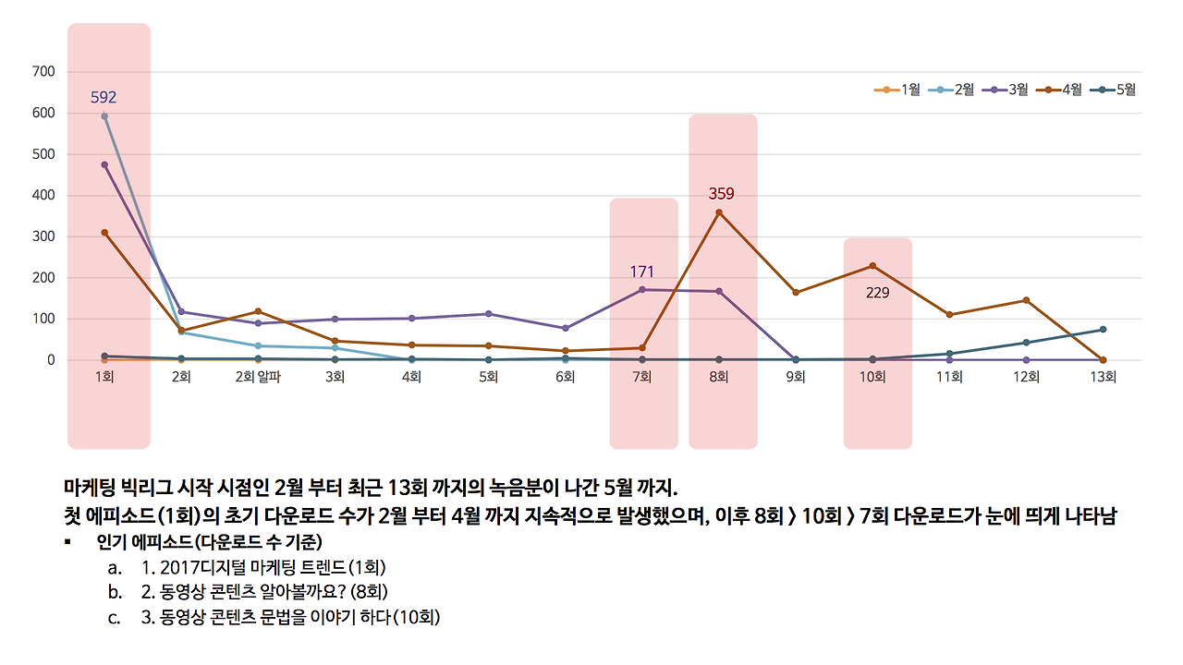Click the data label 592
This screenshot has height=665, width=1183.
pyautogui.click(x=104, y=97)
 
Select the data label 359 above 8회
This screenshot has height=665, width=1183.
pyautogui.click(x=721, y=194)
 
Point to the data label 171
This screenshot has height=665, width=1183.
pyautogui.click(x=642, y=272)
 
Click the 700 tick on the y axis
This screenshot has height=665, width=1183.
pyautogui.click(x=43, y=71)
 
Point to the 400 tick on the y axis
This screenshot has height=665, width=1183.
pyautogui.click(x=43, y=195)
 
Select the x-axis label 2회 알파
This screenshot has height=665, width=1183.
pyautogui.click(x=258, y=378)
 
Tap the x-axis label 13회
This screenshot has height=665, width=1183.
pyautogui.click(x=1103, y=378)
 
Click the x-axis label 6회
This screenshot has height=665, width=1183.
pyautogui.click(x=566, y=378)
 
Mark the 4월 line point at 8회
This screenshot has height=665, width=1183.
pyautogui.click(x=719, y=212)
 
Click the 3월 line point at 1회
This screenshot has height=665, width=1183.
pyautogui.click(x=104, y=164)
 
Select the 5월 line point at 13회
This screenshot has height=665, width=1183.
pyautogui.click(x=1103, y=330)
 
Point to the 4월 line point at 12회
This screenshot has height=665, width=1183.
pyautogui.click(x=1026, y=300)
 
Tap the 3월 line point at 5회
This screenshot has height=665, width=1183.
pyautogui.click(x=488, y=314)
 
